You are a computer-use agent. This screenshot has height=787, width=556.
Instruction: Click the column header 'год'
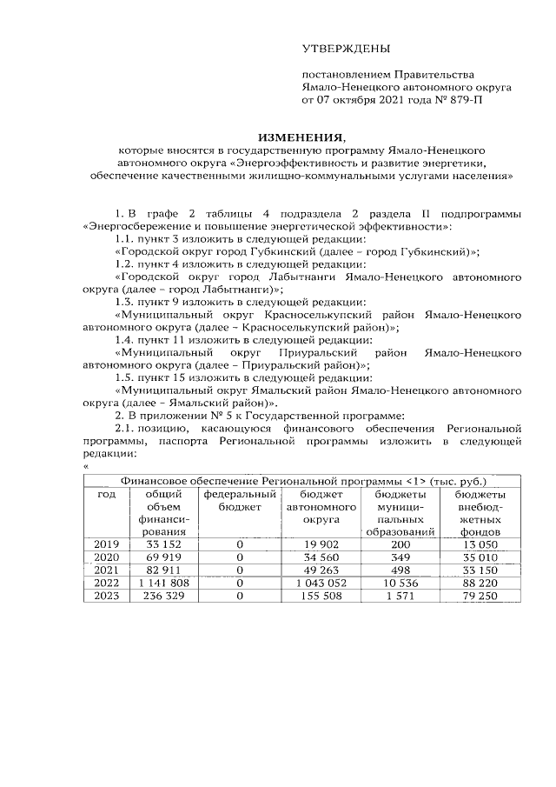(x=106, y=494)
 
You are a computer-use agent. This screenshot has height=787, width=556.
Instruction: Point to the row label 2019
(x=106, y=544)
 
